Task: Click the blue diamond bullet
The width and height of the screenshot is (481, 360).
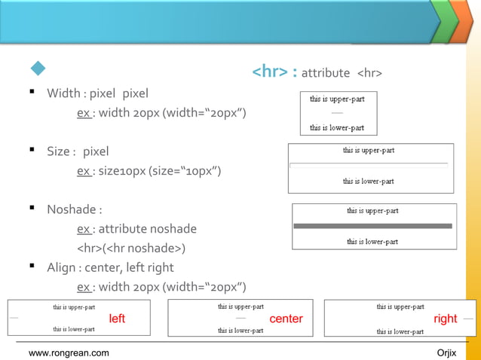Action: pyautogui.click(x=38, y=69)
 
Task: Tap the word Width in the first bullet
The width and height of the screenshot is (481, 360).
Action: pyautogui.click(x=64, y=93)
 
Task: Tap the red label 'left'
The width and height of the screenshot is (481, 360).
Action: pyautogui.click(x=117, y=319)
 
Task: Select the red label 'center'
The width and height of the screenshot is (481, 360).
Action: pyautogui.click(x=286, y=319)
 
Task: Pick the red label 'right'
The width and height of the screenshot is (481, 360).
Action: pyautogui.click(x=445, y=319)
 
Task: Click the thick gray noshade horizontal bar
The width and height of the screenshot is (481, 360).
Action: pyautogui.click(x=372, y=226)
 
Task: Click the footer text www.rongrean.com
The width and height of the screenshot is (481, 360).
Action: pyautogui.click(x=69, y=352)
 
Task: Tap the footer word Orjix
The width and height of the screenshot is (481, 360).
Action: pyautogui.click(x=447, y=352)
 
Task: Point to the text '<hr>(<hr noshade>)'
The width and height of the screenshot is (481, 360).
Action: pyautogui.click(x=131, y=248)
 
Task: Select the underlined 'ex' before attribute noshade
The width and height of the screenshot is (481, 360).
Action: pyautogui.click(x=84, y=229)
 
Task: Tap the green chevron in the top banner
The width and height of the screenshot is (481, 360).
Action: pyautogui.click(x=443, y=21)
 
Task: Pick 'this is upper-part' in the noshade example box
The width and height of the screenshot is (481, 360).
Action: pyautogui.click(x=372, y=211)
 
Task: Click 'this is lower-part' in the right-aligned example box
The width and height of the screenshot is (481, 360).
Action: pyautogui.click(x=400, y=331)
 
